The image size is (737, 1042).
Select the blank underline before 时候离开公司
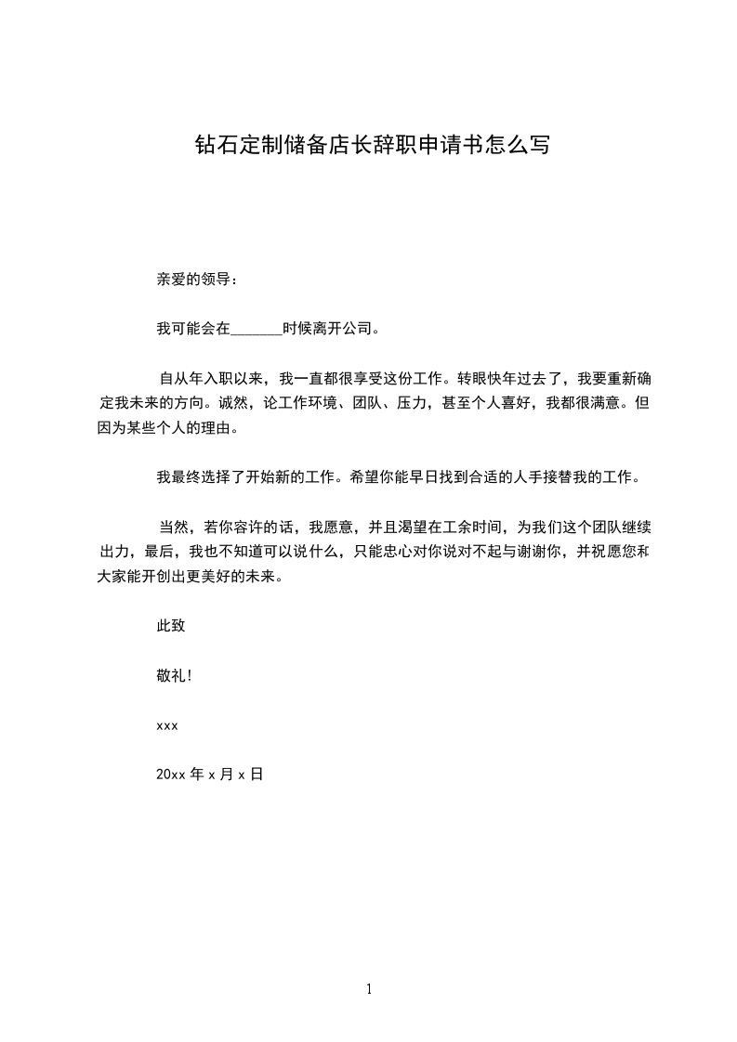pyautogui.click(x=256, y=329)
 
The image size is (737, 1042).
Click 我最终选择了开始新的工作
pyautogui.click(x=248, y=477)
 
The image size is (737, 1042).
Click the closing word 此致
pyautogui.click(x=171, y=626)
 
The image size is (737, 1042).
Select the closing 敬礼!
pyautogui.click(x=175, y=675)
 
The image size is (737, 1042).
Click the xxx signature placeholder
pyautogui.click(x=167, y=725)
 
